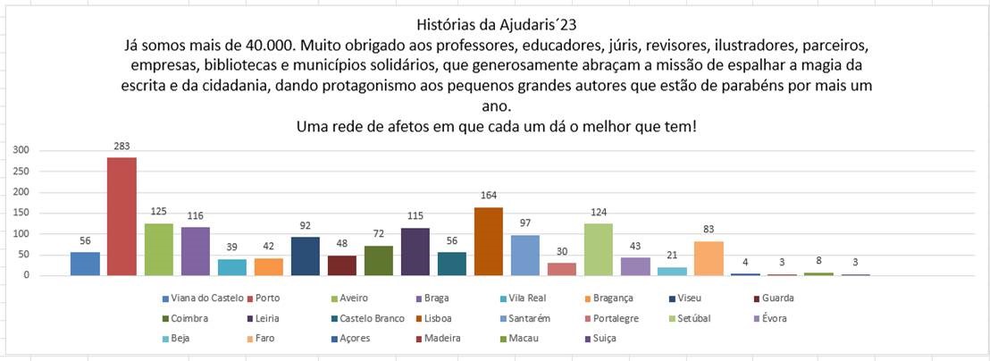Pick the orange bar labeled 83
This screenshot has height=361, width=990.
(x=709, y=257)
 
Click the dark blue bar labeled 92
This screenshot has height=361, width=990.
(x=306, y=256)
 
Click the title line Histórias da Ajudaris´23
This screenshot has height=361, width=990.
(x=491, y=24)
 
